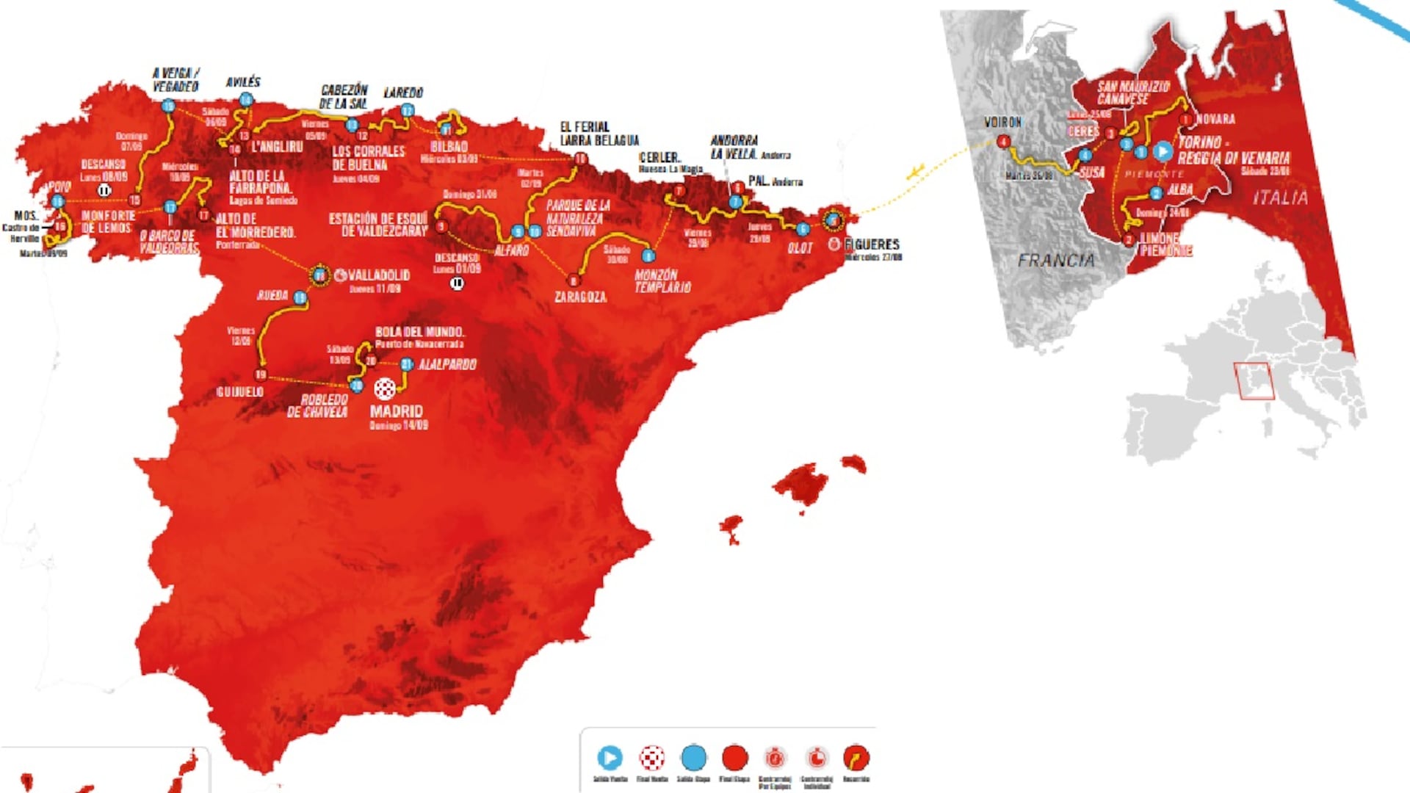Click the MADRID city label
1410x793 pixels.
[x=396, y=411]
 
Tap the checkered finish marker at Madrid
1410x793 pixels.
[x=385, y=388]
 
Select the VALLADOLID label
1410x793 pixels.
[x=379, y=275]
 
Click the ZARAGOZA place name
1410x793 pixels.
[x=580, y=297]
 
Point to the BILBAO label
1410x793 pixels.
[x=449, y=147]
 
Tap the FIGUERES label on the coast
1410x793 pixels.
[x=872, y=244]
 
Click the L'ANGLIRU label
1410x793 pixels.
[x=277, y=147]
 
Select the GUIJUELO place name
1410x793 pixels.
[x=239, y=392]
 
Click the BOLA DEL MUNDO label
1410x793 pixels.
[x=419, y=332]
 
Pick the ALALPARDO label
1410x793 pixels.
[x=447, y=364]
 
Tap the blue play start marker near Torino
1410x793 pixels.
[x=1163, y=151]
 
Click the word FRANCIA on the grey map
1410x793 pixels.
[x=1056, y=260]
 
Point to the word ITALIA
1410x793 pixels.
[x=1280, y=198]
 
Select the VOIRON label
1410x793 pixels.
[x=1002, y=123]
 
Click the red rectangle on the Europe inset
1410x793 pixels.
[x=1254, y=381]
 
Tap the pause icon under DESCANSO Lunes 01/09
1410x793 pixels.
[x=457, y=283]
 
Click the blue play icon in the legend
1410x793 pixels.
[x=610, y=757]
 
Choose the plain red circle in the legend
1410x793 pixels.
[x=734, y=757]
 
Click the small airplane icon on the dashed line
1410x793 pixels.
[x=915, y=173]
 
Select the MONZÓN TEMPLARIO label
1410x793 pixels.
[x=662, y=281]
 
